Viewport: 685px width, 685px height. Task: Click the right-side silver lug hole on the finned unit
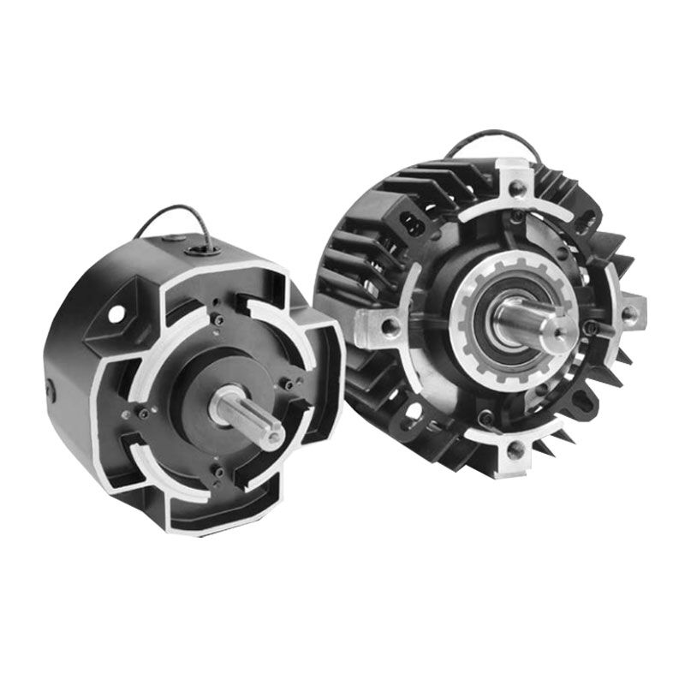(x=631, y=313)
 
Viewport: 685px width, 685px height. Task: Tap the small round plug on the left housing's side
(x=51, y=390)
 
